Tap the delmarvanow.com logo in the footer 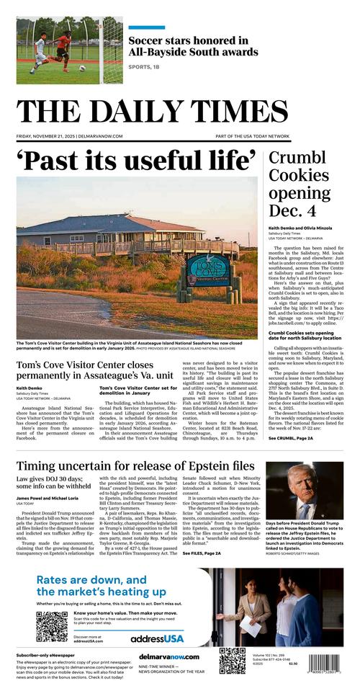[x=169, y=657]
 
